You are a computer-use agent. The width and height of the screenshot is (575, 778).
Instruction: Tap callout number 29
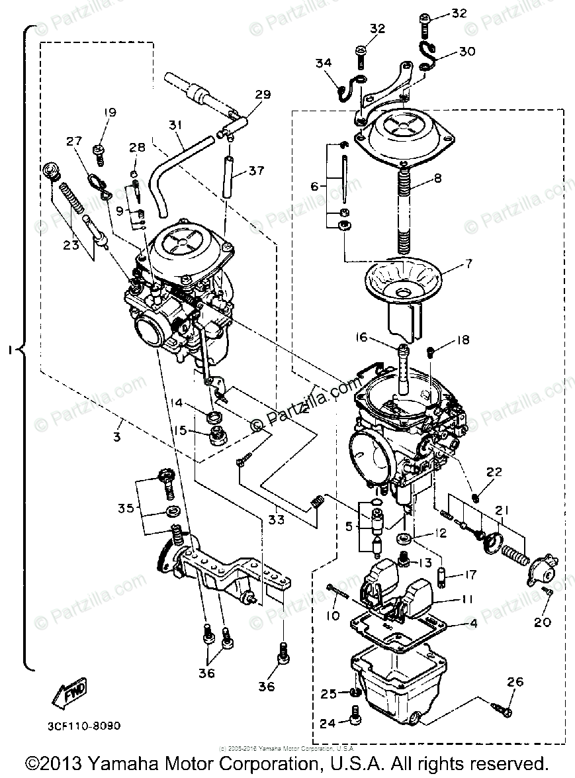(263, 95)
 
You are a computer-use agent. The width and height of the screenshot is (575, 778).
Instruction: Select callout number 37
(256, 170)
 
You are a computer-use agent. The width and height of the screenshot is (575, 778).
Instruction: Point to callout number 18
(463, 340)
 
